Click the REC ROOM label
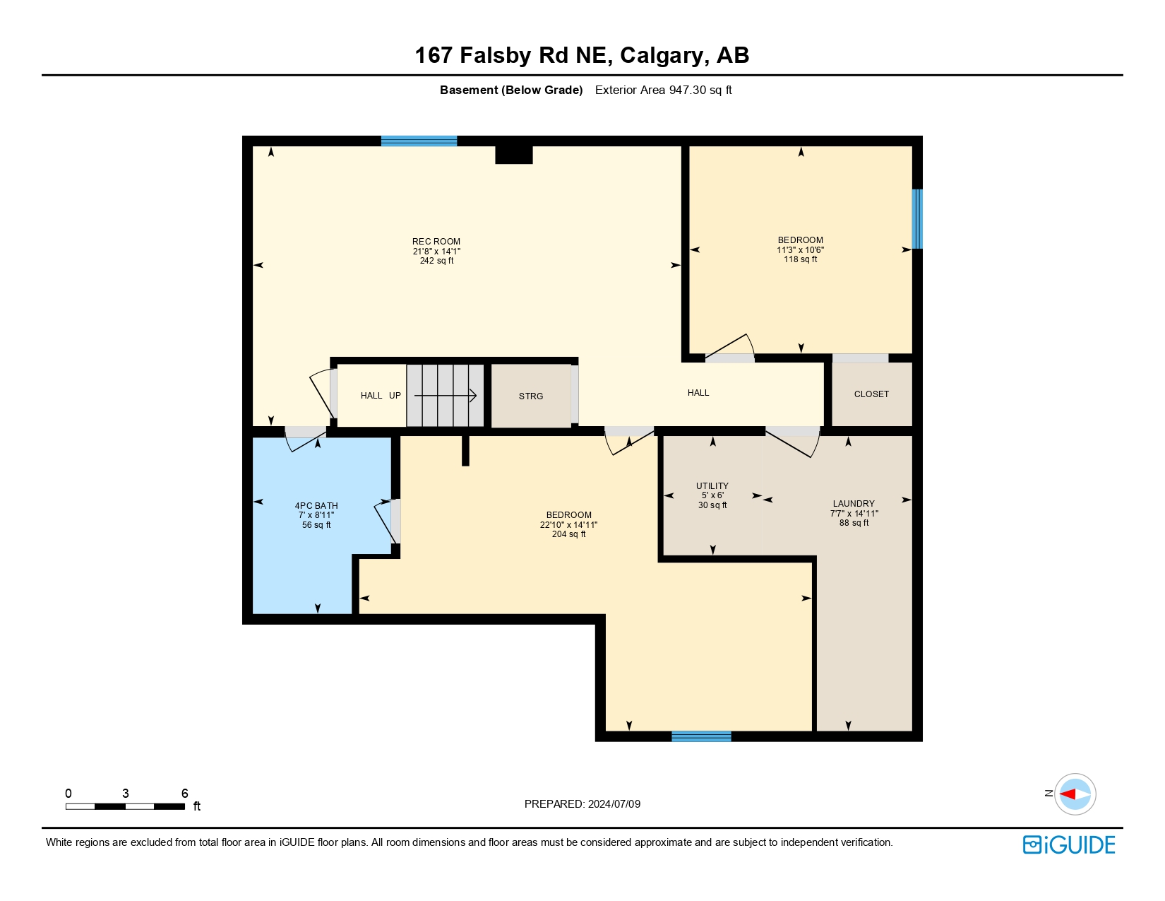point(436,242)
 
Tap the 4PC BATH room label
point(316,506)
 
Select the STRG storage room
point(531,396)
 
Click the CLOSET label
point(871,394)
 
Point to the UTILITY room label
point(712,486)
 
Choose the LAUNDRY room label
point(854,504)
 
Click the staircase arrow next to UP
point(446,396)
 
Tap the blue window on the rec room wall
point(419,141)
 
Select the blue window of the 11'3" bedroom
point(916,219)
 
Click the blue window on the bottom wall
point(701,736)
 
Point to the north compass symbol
point(1075,794)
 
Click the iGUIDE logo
point(1069,844)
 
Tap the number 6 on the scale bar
point(185,794)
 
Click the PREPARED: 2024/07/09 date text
point(582,804)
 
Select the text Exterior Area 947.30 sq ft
point(663,90)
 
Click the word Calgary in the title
point(662,55)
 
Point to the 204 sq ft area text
point(568,534)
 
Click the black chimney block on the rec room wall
point(513,154)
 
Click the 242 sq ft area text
point(436,261)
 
